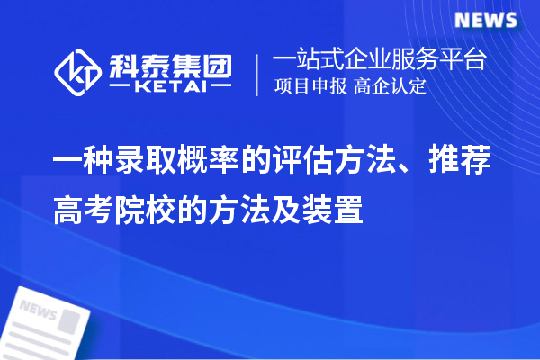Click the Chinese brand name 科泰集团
click(x=171, y=63)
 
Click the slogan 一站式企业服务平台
click(x=379, y=60)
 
